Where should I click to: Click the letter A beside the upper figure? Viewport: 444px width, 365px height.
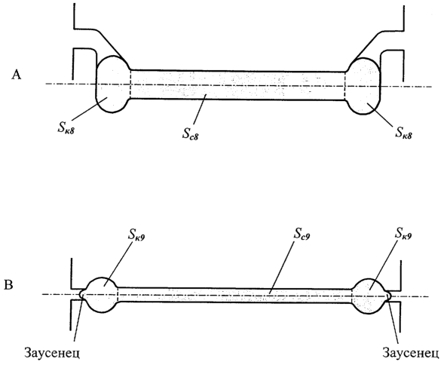coord(17,75)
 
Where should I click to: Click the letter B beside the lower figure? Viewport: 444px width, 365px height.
coord(8,285)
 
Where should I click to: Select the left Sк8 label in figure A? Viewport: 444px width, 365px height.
coord(66,129)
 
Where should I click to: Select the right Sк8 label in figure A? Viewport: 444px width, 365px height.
coord(404,132)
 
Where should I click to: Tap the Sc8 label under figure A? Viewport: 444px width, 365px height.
coord(190,133)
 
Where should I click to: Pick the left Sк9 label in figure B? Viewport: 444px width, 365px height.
coord(136,235)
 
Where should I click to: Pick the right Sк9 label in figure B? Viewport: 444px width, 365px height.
coord(403,234)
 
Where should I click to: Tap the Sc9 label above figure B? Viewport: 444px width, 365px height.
coord(302,235)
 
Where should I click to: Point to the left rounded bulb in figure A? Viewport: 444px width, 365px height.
coord(113,84)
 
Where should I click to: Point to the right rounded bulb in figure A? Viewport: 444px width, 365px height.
coord(364,86)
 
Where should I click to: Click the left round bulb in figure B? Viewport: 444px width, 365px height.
coord(101,295)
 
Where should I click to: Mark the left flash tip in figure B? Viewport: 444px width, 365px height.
coord(80,294)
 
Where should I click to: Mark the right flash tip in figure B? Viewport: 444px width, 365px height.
coord(391,296)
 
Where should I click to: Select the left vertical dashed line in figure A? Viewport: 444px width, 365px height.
coord(131,84)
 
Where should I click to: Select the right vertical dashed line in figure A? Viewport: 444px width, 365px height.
coord(345,86)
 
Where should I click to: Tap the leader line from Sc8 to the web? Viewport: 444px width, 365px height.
coord(200,109)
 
